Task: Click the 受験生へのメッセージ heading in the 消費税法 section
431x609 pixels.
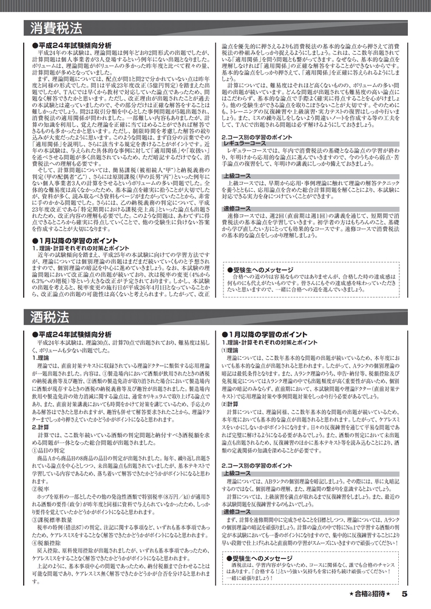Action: tap(267, 269)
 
